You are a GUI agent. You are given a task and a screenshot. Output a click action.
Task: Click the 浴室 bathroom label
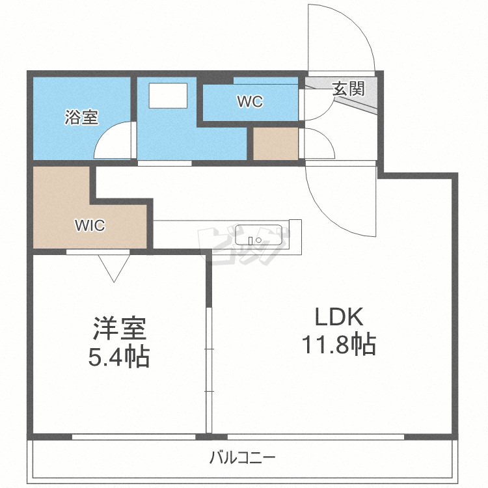click(x=81, y=117)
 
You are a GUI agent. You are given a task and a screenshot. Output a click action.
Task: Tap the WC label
click(x=251, y=101)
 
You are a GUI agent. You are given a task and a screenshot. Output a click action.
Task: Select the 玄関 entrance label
click(x=348, y=89)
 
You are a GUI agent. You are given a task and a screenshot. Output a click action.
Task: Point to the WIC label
click(x=90, y=225)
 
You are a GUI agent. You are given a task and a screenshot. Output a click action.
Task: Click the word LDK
click(x=339, y=316)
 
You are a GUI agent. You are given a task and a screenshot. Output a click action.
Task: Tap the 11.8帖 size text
click(x=339, y=344)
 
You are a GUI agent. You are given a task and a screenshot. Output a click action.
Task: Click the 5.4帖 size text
click(x=119, y=357)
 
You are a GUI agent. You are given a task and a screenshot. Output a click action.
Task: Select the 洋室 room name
click(x=120, y=329)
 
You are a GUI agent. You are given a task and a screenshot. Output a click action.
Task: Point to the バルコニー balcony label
click(x=243, y=457)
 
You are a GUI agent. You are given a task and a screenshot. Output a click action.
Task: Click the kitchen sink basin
click(x=258, y=235)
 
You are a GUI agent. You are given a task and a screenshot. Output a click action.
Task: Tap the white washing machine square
click(x=168, y=96)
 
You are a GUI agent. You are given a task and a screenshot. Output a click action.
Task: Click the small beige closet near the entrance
click(x=276, y=144)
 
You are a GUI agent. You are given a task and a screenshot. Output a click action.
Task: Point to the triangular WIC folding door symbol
click(x=114, y=268)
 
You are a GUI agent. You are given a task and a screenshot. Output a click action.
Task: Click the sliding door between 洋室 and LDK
click(x=209, y=370)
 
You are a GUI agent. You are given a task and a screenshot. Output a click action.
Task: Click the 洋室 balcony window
click(x=134, y=437)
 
